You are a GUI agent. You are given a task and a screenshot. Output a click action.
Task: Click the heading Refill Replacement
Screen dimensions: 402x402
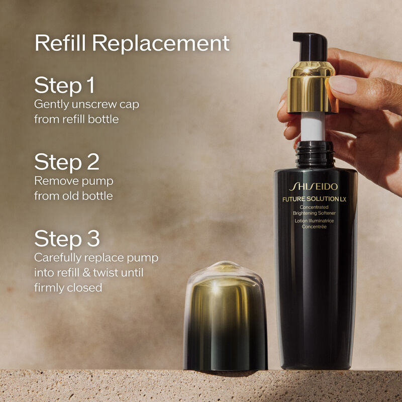coord(132,44)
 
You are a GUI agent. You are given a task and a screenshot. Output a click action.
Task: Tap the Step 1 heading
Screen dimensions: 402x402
coord(64,85)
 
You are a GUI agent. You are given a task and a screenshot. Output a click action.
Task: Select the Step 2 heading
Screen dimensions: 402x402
coord(67,162)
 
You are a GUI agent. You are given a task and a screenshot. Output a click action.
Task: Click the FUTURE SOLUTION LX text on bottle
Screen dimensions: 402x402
coord(316,199)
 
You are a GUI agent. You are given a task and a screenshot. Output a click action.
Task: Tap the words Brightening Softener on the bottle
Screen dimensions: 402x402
coord(315,213)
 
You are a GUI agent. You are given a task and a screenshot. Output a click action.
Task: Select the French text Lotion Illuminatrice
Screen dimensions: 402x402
coord(315,221)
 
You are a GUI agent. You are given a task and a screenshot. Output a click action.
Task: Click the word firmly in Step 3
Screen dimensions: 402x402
coord(49,288)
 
